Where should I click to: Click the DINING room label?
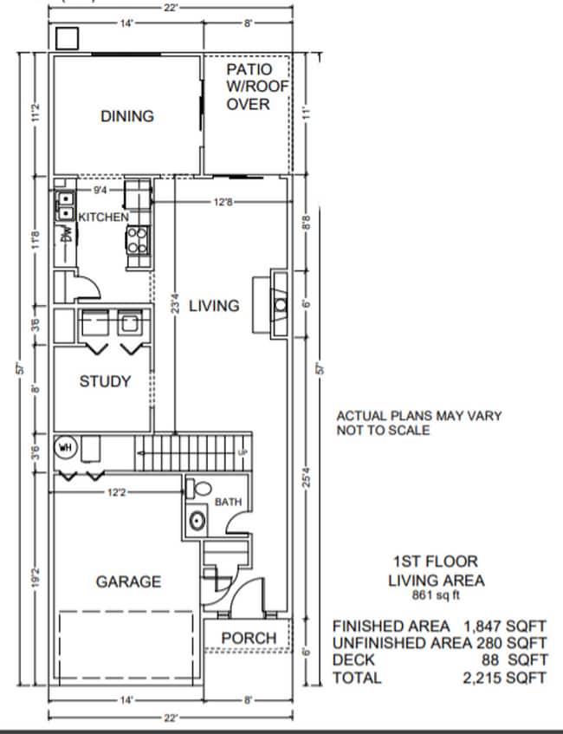pyautogui.click(x=126, y=115)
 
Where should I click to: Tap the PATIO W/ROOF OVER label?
pyautogui.click(x=249, y=86)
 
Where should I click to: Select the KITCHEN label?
pyautogui.click(x=104, y=217)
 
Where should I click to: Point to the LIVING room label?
pyautogui.click(x=214, y=305)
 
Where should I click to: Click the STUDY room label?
pyautogui.click(x=105, y=381)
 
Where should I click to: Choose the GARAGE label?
pyautogui.click(x=128, y=581)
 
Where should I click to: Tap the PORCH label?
pyautogui.click(x=249, y=638)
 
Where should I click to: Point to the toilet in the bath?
pyautogui.click(x=198, y=488)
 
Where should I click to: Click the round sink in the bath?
pyautogui.click(x=198, y=522)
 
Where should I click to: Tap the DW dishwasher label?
pyautogui.click(x=66, y=234)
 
